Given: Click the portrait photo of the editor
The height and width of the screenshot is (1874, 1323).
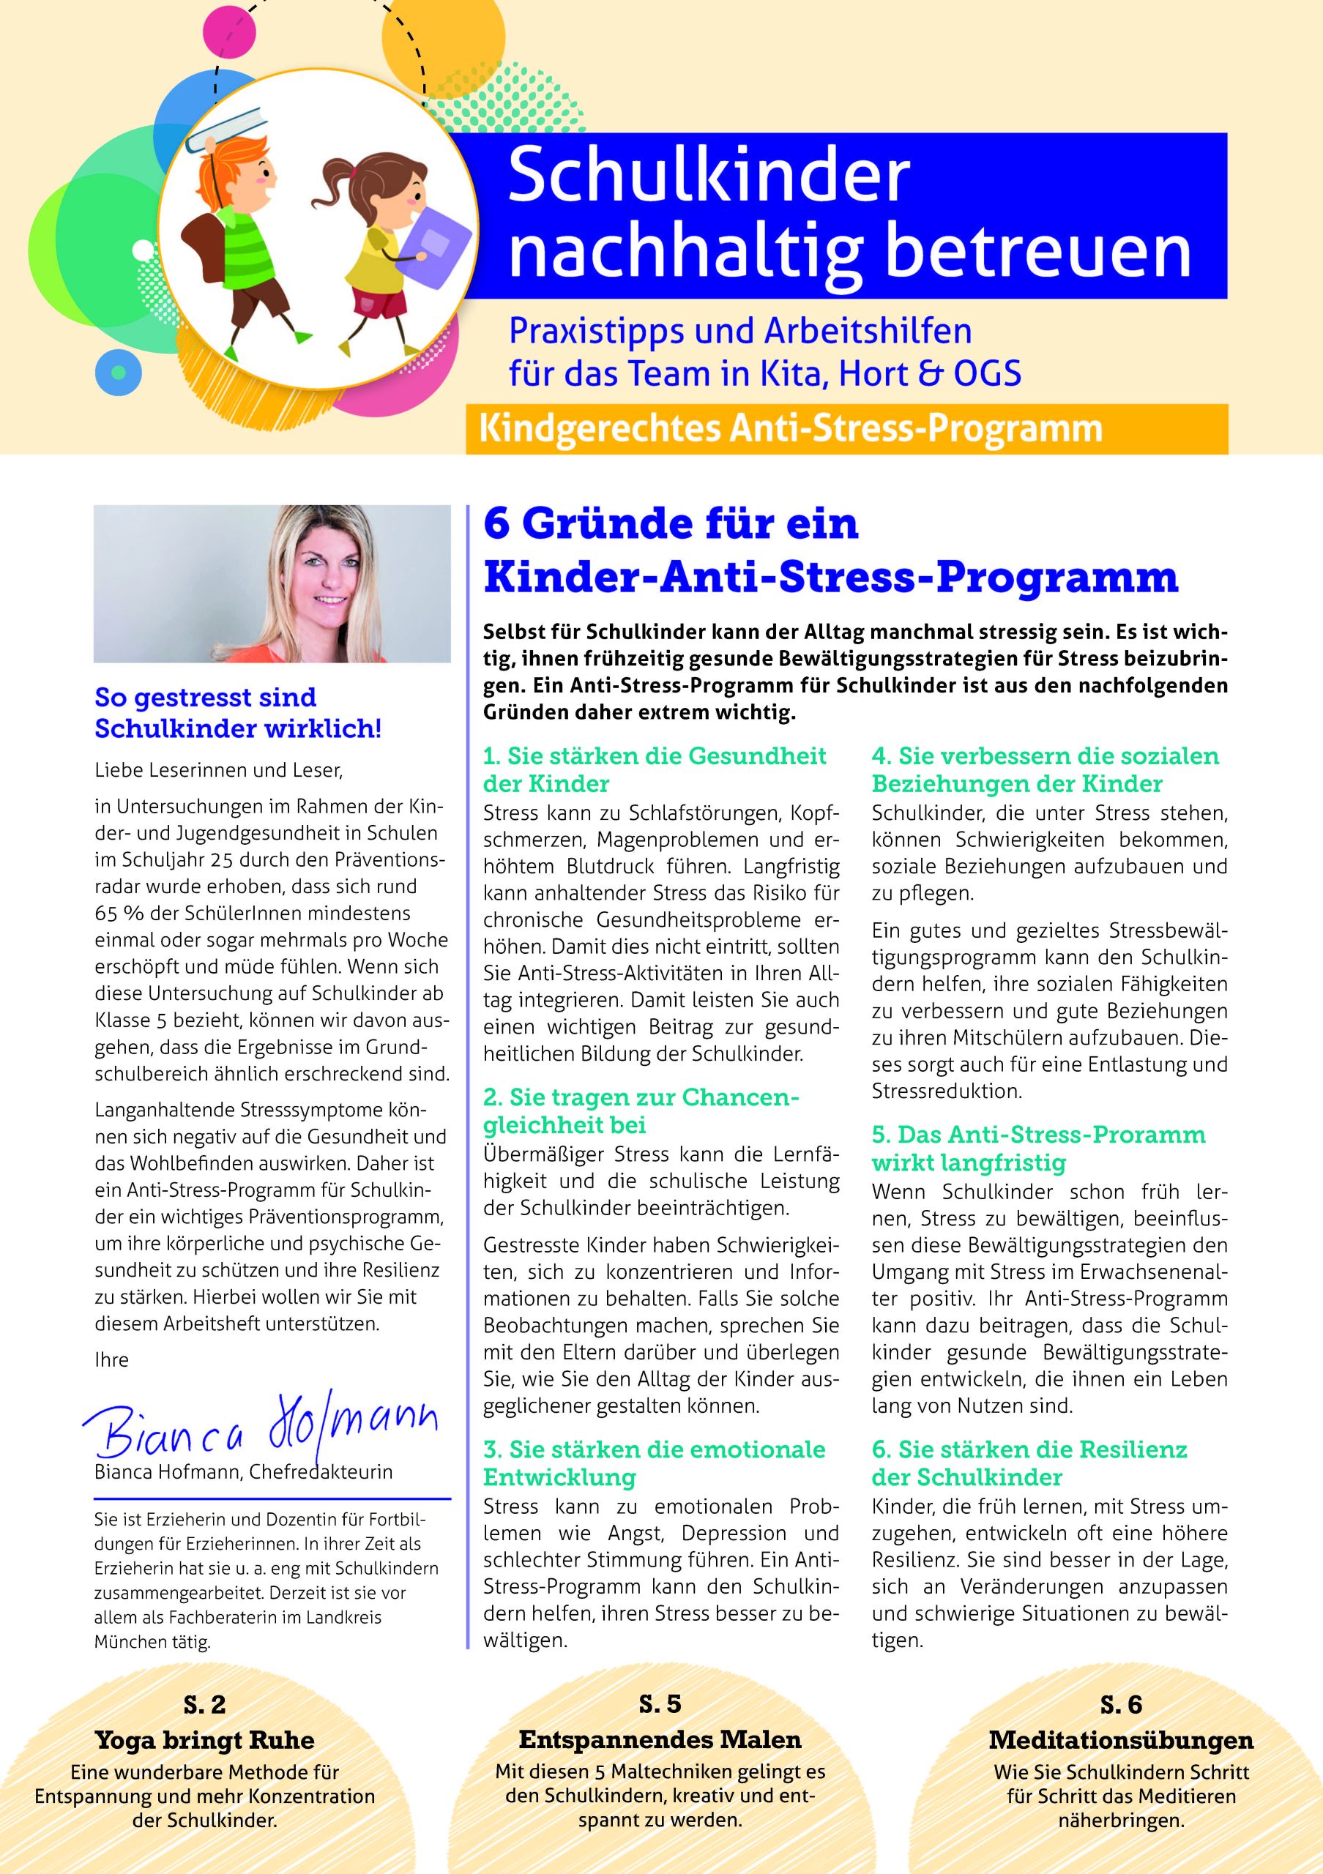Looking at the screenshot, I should (272, 583).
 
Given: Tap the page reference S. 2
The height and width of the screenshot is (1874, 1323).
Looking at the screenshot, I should (204, 1705).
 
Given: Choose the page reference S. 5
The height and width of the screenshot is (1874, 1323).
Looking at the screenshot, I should (660, 1704).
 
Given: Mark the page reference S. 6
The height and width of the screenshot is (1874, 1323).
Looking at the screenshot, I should (1121, 1705).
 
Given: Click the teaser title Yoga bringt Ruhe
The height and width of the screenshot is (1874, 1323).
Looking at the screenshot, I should (204, 1740).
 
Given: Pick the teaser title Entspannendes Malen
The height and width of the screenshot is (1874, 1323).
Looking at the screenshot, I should (660, 1739).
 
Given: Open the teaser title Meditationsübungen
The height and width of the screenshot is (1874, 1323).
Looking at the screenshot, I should (1121, 1740).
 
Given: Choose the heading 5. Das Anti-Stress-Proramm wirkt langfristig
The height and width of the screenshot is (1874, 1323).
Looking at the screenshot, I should (1038, 1149).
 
